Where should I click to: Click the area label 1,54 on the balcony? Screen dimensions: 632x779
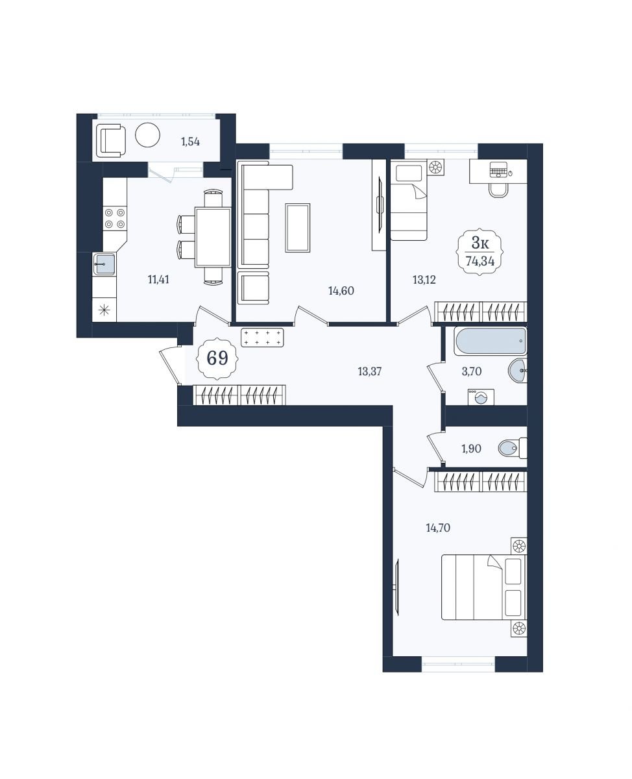(190, 142)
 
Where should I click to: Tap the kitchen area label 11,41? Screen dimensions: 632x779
(158, 280)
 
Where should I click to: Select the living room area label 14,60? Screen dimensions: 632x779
(341, 291)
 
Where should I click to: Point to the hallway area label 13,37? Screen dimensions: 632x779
(370, 371)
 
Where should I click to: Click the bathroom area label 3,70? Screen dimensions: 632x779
(472, 371)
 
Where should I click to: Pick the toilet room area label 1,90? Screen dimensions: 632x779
(472, 449)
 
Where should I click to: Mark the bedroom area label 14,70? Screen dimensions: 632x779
(438, 528)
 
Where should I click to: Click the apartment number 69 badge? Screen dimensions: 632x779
(217, 358)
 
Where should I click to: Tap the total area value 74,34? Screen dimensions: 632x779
(480, 261)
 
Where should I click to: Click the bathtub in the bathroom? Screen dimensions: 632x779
(491, 341)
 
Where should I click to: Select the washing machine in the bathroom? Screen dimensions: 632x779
(481, 397)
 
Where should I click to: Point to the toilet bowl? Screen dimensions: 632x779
(513, 448)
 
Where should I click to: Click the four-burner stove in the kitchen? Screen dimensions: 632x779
(115, 218)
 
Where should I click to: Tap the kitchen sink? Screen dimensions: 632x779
(104, 264)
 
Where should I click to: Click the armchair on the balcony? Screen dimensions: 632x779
(111, 140)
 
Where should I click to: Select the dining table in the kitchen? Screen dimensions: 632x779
(213, 237)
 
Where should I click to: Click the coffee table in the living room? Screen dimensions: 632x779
(298, 228)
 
